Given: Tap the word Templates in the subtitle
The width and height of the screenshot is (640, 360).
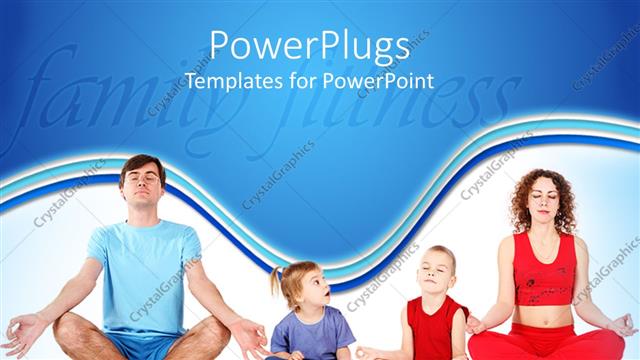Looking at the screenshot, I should pos(228,81).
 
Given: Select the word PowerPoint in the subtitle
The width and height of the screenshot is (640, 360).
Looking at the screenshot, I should pos(378,81).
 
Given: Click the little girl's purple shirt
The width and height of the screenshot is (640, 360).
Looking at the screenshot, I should pos(311,335).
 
